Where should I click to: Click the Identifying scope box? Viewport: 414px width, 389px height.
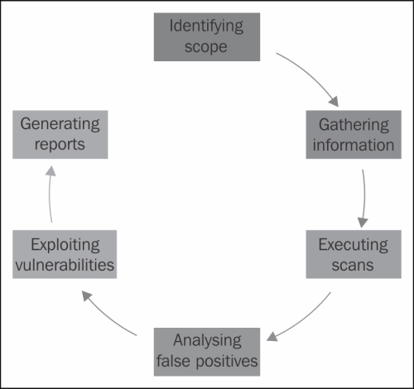[x=207, y=36]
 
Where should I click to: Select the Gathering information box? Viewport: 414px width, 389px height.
[x=354, y=135]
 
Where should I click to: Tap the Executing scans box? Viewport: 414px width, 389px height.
[x=354, y=254]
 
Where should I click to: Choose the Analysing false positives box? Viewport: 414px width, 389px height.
[x=207, y=352]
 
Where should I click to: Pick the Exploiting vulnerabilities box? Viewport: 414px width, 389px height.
[x=65, y=254]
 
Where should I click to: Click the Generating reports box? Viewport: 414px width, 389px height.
[x=60, y=135]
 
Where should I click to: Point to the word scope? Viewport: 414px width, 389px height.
[x=206, y=47]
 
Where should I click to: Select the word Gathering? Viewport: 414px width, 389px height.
[x=354, y=126]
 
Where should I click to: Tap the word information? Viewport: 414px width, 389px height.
[x=354, y=145]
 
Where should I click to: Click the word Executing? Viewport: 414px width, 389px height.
[x=354, y=246]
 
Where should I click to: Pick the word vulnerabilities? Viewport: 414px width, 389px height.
[x=65, y=265]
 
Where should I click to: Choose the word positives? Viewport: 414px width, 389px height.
[x=227, y=362]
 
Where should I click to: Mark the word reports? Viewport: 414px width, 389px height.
[x=60, y=145]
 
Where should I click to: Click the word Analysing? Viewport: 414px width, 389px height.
[x=208, y=341]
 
